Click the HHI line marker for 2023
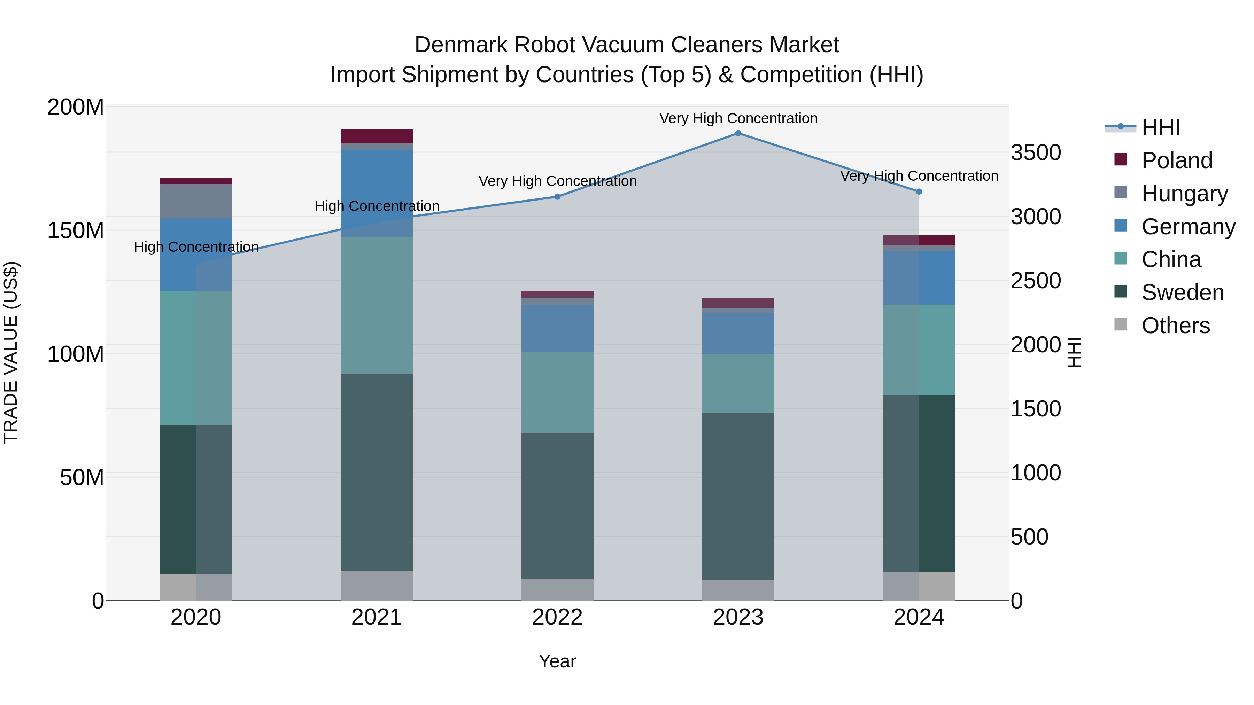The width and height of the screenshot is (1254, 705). tap(738, 133)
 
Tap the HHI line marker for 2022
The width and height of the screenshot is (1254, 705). tap(557, 197)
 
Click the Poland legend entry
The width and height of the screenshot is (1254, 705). tap(1176, 160)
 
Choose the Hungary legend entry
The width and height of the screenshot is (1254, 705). tap(1184, 194)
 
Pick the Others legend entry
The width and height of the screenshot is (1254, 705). tap(1175, 326)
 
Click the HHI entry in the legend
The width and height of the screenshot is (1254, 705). tap(1161, 127)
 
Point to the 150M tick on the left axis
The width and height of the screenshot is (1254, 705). tap(76, 230)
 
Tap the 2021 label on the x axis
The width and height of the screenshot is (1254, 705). tap(376, 617)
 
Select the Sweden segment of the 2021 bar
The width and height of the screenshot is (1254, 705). tap(376, 472)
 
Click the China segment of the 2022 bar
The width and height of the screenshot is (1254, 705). tap(557, 392)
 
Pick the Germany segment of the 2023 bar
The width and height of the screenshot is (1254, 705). tap(738, 334)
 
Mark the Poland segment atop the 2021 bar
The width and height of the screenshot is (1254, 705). tap(376, 136)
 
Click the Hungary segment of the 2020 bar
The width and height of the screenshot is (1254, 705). tap(196, 201)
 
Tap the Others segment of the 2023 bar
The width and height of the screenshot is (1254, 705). tap(738, 590)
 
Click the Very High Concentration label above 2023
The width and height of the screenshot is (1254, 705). tap(738, 118)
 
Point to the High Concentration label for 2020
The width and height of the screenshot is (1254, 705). tap(196, 247)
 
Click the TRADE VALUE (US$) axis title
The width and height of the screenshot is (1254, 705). tap(11, 352)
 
